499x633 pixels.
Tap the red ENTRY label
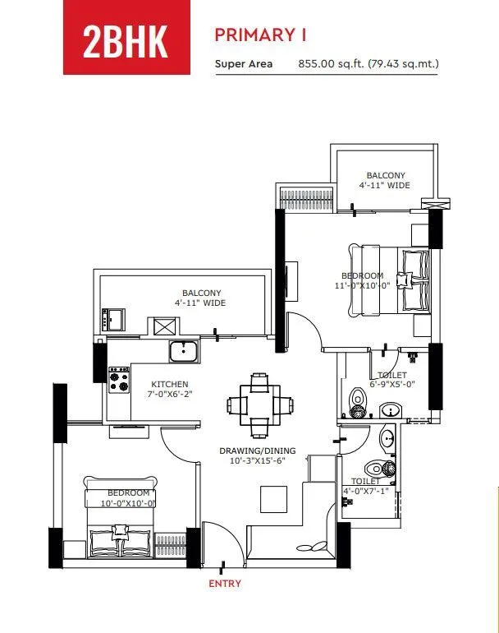point(225,584)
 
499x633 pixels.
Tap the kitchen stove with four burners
point(120,379)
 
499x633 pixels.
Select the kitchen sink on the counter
point(184,352)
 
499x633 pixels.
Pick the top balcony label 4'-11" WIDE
point(385,180)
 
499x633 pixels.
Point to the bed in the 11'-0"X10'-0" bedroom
point(389,280)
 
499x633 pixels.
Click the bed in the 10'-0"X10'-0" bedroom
point(121,519)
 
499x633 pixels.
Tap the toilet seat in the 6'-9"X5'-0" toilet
point(356,401)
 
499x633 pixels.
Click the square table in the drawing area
point(272,498)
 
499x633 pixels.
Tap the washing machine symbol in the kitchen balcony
point(159,326)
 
